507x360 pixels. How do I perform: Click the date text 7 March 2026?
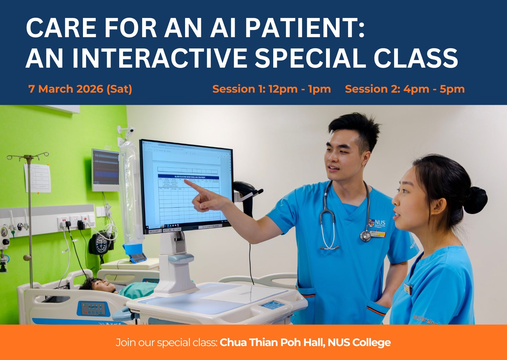(x=66, y=89)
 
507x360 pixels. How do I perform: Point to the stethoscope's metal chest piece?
(x=365, y=236)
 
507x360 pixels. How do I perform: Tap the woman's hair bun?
(x=475, y=200)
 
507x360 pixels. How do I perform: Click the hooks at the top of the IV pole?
(x=28, y=157)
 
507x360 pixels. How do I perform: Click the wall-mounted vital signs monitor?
(x=106, y=170)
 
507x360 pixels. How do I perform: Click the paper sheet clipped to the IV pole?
(x=38, y=178)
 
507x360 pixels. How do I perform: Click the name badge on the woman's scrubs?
(x=408, y=289)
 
